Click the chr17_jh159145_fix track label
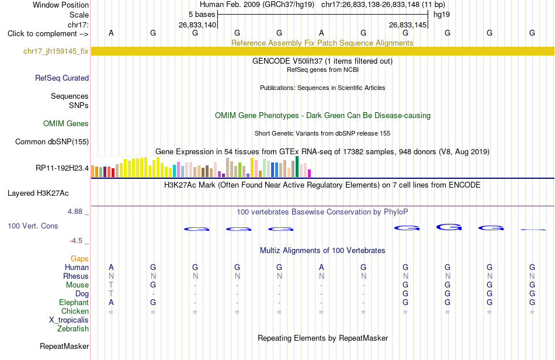coord(56,51)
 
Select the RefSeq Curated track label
coord(62,78)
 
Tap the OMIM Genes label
coord(66,123)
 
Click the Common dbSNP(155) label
coord(52,141)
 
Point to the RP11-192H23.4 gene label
coord(63,168)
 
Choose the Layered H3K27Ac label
coord(38,193)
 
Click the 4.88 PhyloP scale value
coord(75,212)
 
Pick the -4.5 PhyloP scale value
coord(76,241)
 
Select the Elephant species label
coord(74,302)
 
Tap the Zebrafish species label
coord(73,329)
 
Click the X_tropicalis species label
coord(69,320)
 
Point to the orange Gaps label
coord(79,259)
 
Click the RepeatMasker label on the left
coord(64,346)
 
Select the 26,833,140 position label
coord(197,25)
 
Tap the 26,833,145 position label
coord(407,25)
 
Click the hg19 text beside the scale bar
coord(442,15)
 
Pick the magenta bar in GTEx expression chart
coord(310,173)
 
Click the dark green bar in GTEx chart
coord(297,167)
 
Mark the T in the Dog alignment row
coord(111,293)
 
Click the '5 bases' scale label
coord(202,15)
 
